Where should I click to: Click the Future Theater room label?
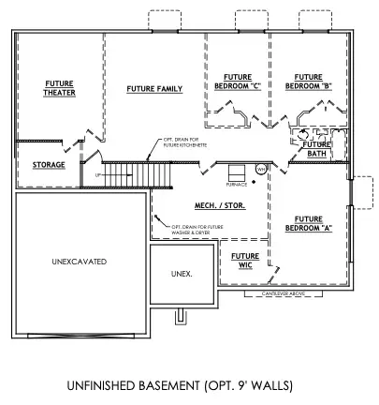pyautogui.click(x=60, y=88)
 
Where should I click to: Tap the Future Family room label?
pyautogui.click(x=154, y=89)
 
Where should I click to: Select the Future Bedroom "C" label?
pyautogui.click(x=235, y=82)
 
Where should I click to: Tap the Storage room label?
pyautogui.click(x=49, y=165)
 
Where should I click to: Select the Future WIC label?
pyautogui.click(x=245, y=261)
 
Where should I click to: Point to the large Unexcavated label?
pyautogui.click(x=80, y=260)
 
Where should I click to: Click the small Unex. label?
pyautogui.click(x=182, y=274)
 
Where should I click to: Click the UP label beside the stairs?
pyautogui.click(x=97, y=175)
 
